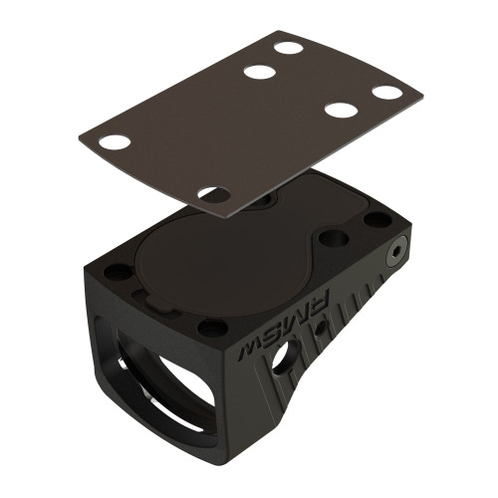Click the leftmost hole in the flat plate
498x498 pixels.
point(116,141)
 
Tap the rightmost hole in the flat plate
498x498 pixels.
point(387,93)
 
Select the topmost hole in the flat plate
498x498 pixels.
point(289,47)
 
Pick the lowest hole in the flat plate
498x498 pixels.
point(213,193)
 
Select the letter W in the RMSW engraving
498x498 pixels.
point(245,353)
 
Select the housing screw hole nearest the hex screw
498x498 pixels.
point(376,220)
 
